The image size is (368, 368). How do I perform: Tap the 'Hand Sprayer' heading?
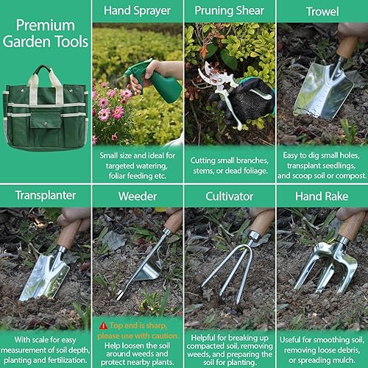click(x=138, y=11)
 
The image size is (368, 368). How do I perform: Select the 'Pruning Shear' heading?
click(x=230, y=11)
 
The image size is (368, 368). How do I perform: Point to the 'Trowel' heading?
click(x=322, y=11)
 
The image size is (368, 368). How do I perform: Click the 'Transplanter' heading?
click(x=46, y=197)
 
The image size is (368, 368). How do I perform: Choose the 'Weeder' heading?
click(x=138, y=197)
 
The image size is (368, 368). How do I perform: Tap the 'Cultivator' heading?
click(x=230, y=197)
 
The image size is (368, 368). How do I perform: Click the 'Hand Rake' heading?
click(x=322, y=197)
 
